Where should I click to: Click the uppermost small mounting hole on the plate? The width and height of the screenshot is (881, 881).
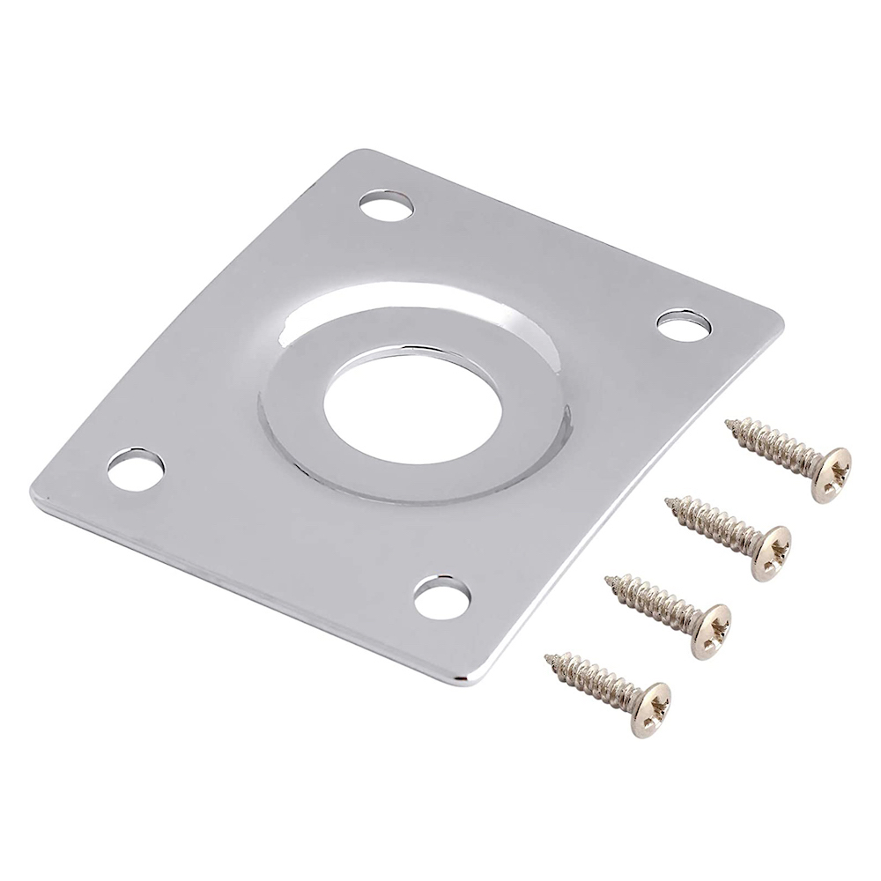tap(386, 206)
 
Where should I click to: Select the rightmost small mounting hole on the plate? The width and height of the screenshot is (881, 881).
tap(684, 325)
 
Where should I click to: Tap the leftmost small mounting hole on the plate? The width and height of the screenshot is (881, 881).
tap(136, 468)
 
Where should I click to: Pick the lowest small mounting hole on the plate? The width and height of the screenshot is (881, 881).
tap(441, 596)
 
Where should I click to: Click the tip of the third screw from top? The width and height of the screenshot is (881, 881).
tap(609, 581)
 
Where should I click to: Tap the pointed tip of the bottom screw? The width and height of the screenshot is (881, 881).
tap(549, 658)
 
